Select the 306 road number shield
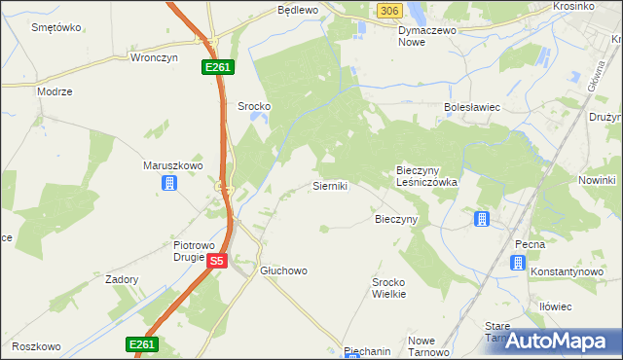coord(388,10)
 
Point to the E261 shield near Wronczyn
coord(216,66)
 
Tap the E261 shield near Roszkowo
coord(141,344)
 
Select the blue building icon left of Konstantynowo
coord(518,262)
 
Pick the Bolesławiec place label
coord(471,108)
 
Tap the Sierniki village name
coord(330,184)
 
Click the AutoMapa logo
coord(559,341)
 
